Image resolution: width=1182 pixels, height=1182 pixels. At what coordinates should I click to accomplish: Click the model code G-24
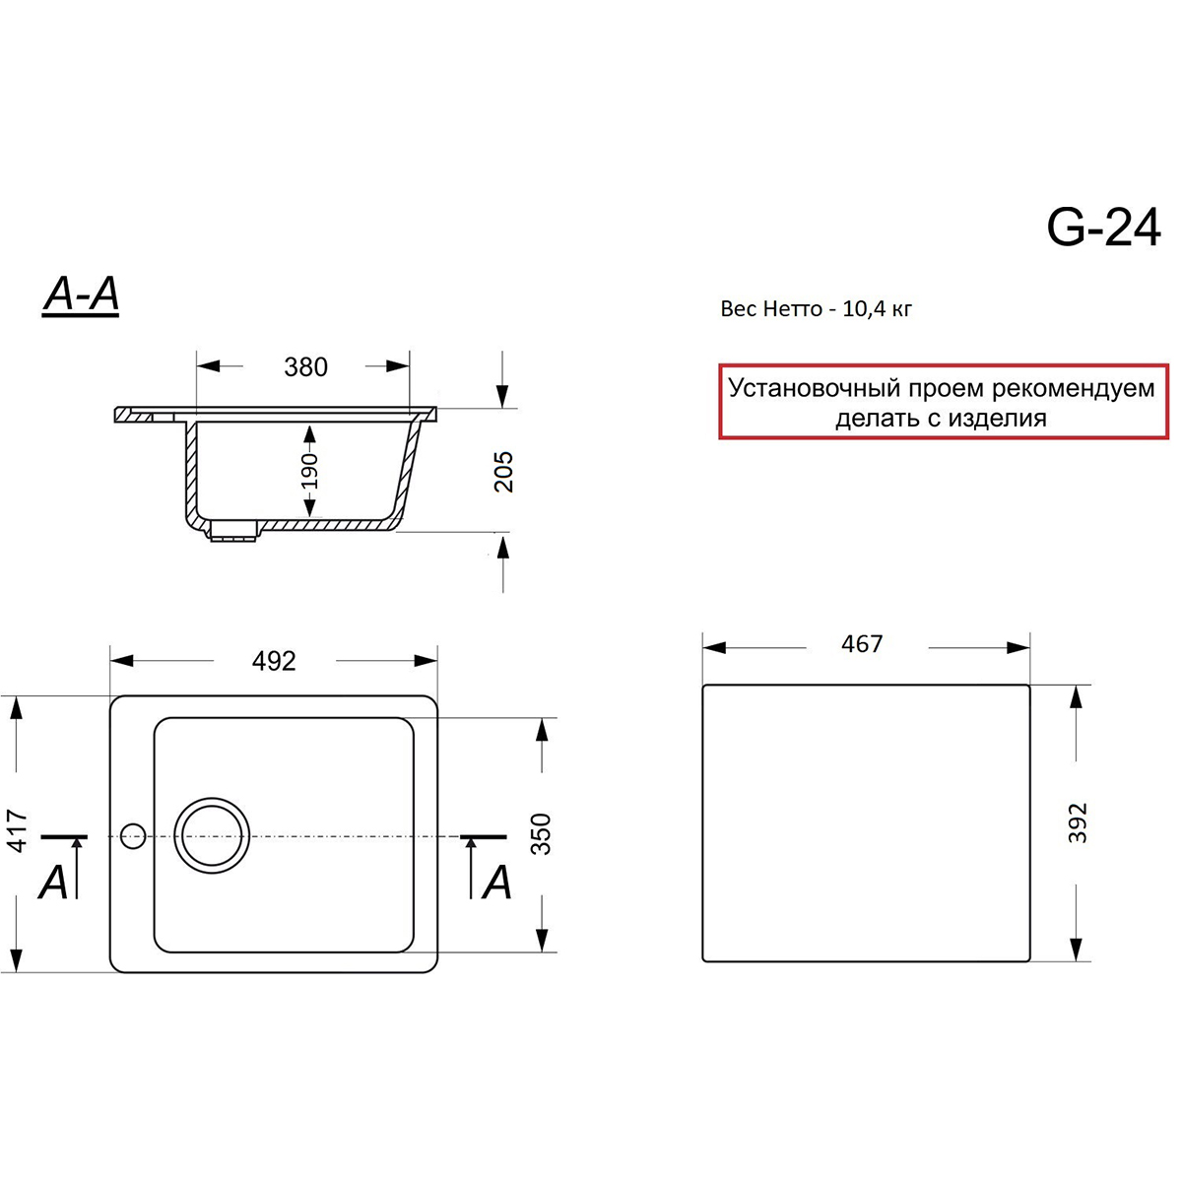click(x=1103, y=227)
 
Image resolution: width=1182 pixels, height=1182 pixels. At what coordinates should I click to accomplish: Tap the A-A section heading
click(x=81, y=295)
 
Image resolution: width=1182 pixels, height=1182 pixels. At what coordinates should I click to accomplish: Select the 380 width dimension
click(x=305, y=366)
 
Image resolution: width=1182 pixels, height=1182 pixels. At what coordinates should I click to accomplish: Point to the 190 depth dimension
click(x=309, y=471)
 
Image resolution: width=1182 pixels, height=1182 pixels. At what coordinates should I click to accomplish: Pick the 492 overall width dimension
click(x=274, y=661)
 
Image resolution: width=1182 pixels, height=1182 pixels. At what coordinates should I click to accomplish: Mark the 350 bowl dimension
click(x=541, y=833)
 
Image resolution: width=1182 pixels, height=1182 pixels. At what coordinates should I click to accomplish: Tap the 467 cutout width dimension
click(x=862, y=643)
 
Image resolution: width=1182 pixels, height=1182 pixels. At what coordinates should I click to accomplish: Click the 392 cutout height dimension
click(x=1078, y=822)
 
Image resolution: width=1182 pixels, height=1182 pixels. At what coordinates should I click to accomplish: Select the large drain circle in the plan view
click(x=212, y=835)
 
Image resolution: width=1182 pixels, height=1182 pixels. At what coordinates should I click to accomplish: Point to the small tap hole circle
click(x=133, y=836)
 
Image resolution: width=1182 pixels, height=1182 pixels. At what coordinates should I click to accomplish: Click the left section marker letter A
click(x=53, y=882)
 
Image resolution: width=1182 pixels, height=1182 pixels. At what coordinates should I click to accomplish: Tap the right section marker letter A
click(x=496, y=882)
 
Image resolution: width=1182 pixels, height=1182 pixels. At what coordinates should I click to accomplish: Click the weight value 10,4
click(x=864, y=309)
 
